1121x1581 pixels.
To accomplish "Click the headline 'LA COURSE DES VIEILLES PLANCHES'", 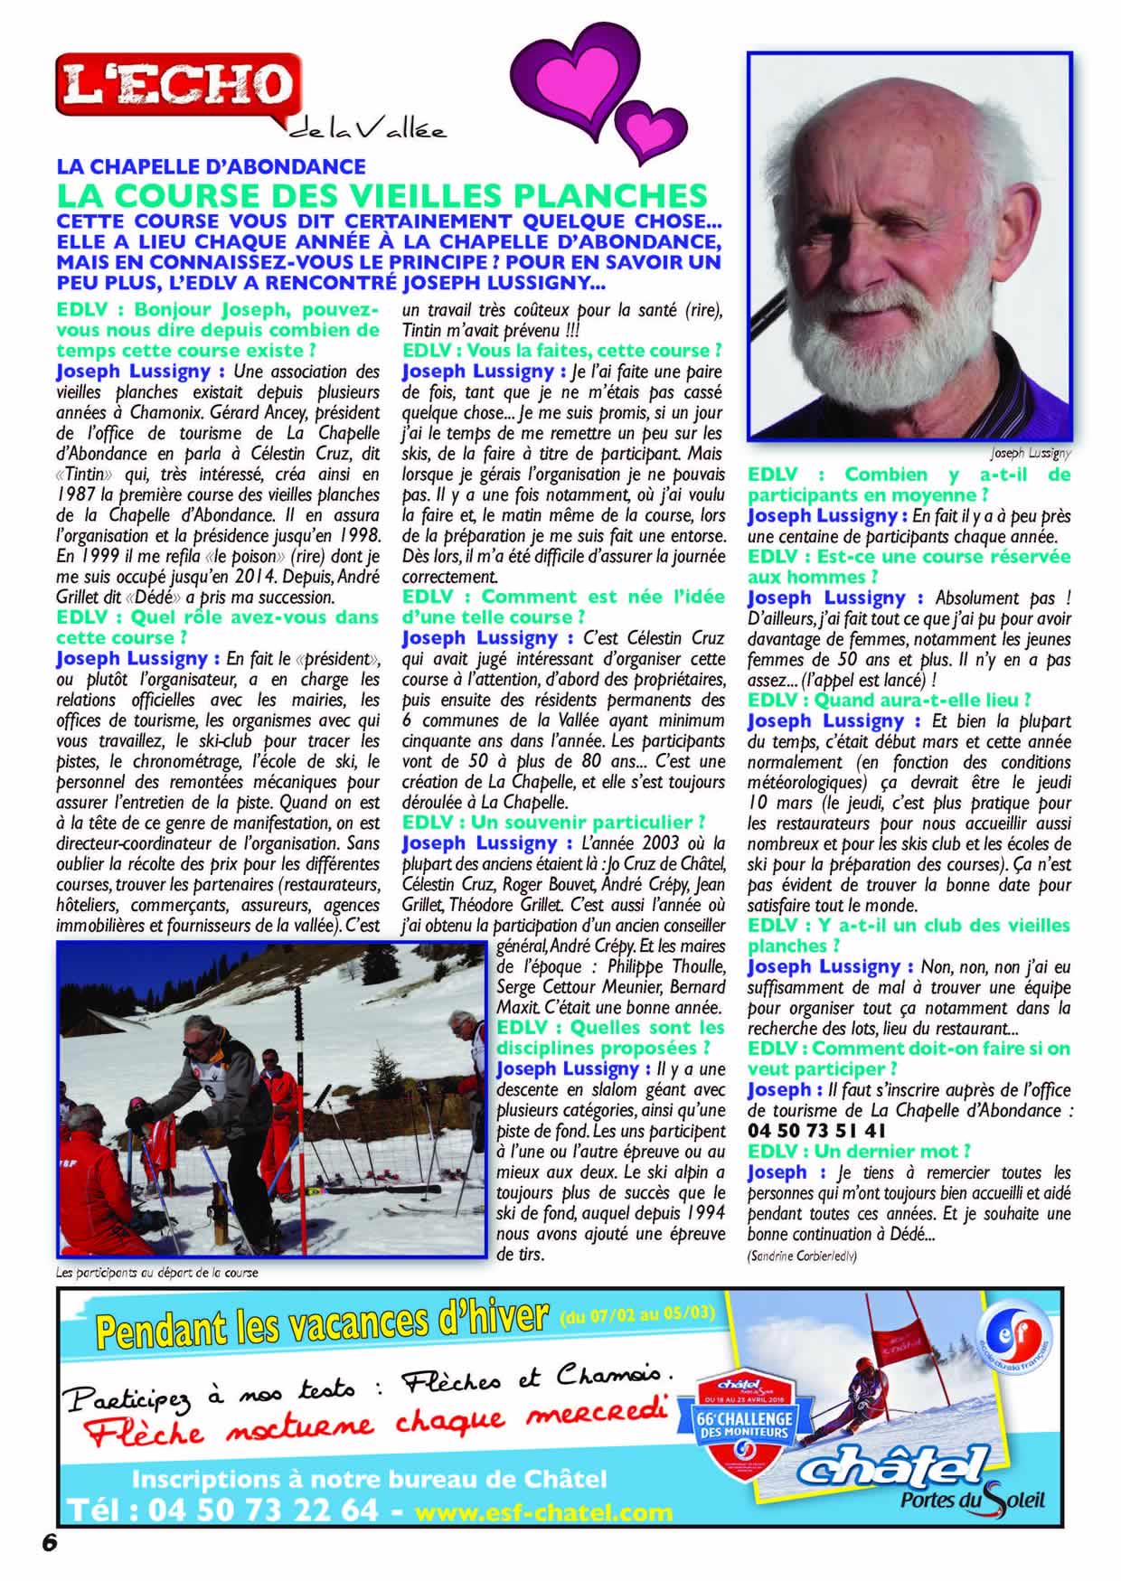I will coord(381,195).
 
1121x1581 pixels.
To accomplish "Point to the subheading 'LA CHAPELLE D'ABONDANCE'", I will coord(211,166).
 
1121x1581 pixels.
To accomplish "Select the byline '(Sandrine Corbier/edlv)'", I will coord(803,1256).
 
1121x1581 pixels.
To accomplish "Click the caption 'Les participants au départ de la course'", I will coord(157,1272).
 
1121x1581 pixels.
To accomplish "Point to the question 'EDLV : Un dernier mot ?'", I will coord(858,1152).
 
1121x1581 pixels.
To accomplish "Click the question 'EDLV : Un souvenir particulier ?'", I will coord(553,822).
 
